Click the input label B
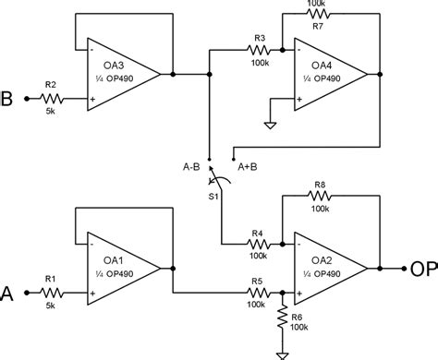[x=8, y=94]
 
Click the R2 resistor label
[x=51, y=84]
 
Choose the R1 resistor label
[x=51, y=278]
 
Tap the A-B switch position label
[x=196, y=167]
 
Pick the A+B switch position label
[x=249, y=167]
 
